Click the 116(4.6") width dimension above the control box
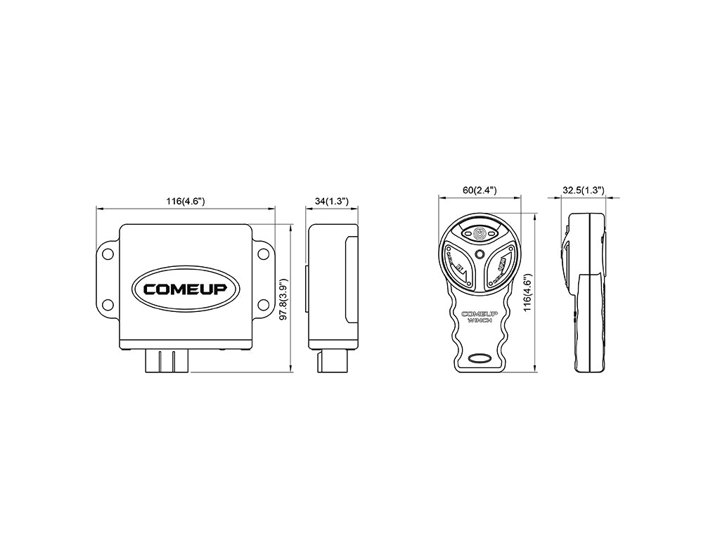click(185, 201)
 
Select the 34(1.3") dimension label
click(332, 201)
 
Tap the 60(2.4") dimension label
click(480, 190)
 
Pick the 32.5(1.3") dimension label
click(584, 190)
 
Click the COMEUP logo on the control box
click(185, 288)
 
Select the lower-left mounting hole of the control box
click(107, 304)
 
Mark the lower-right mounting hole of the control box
click(263, 304)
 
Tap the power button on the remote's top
click(480, 232)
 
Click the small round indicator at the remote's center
click(480, 254)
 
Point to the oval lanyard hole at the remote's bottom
click(480, 358)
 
